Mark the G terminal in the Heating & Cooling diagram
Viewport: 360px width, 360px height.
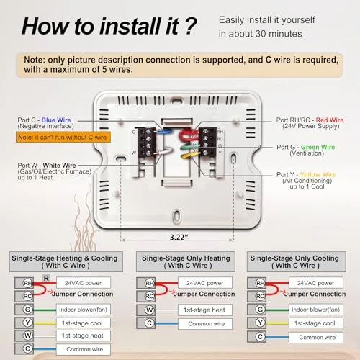pyautogui.click(x=27, y=310)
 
